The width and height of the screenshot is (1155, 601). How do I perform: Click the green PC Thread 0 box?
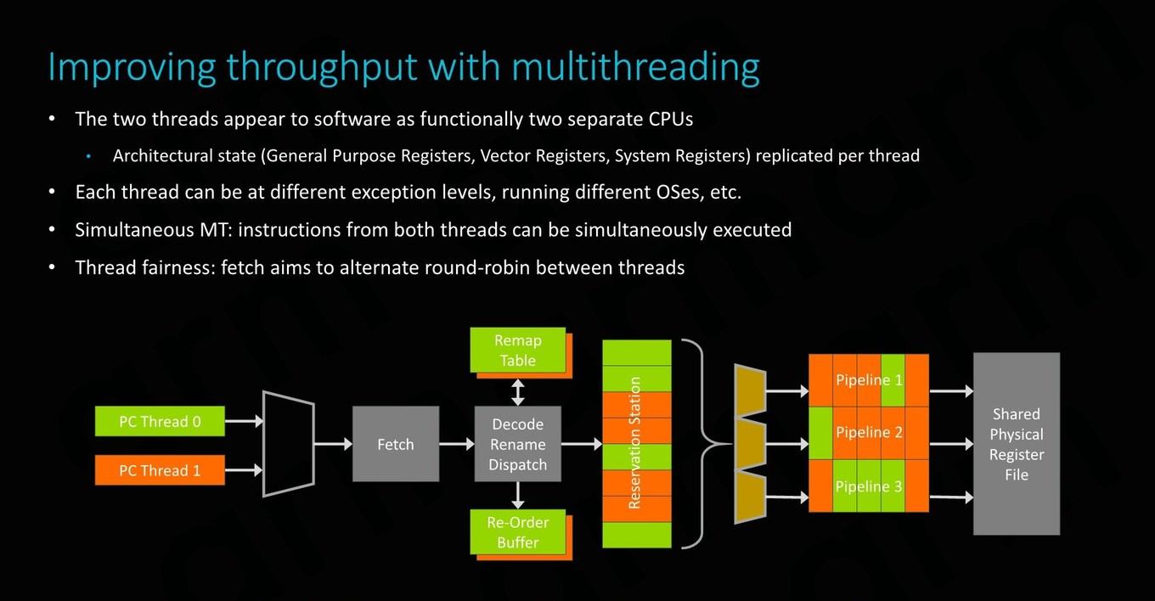point(160,421)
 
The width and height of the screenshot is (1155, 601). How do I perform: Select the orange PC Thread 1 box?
point(160,469)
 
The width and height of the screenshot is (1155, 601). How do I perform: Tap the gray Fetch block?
point(396,444)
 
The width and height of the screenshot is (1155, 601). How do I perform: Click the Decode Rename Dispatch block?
point(518,444)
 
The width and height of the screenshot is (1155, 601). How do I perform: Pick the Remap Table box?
point(518,350)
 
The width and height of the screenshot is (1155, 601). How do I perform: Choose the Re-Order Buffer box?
point(518,532)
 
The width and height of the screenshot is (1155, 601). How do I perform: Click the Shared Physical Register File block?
point(1017,444)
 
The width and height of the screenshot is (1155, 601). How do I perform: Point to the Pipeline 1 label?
point(869,380)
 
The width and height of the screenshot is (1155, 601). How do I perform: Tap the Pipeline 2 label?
point(869,432)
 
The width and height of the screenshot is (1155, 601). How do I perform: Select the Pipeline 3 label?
point(869,486)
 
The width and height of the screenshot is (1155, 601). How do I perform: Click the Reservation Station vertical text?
point(634,443)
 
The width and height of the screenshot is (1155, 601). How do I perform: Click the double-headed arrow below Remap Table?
point(518,392)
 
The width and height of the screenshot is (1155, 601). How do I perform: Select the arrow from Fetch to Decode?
point(457,444)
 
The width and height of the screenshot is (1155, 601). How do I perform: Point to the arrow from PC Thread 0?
point(244,421)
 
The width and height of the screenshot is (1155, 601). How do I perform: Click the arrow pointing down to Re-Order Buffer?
point(518,496)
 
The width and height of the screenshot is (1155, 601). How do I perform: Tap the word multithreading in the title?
point(636,68)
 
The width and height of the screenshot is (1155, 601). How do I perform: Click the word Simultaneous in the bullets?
point(134,230)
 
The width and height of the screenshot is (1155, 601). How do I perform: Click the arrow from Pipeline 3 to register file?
point(951,497)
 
